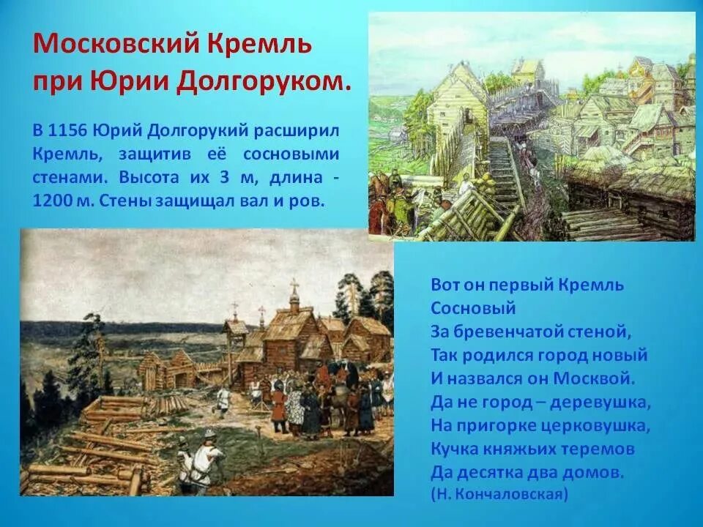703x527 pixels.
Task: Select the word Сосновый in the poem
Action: [x=474, y=307]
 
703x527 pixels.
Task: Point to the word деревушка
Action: [x=607, y=402]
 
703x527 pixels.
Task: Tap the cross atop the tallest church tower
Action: [x=294, y=284]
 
